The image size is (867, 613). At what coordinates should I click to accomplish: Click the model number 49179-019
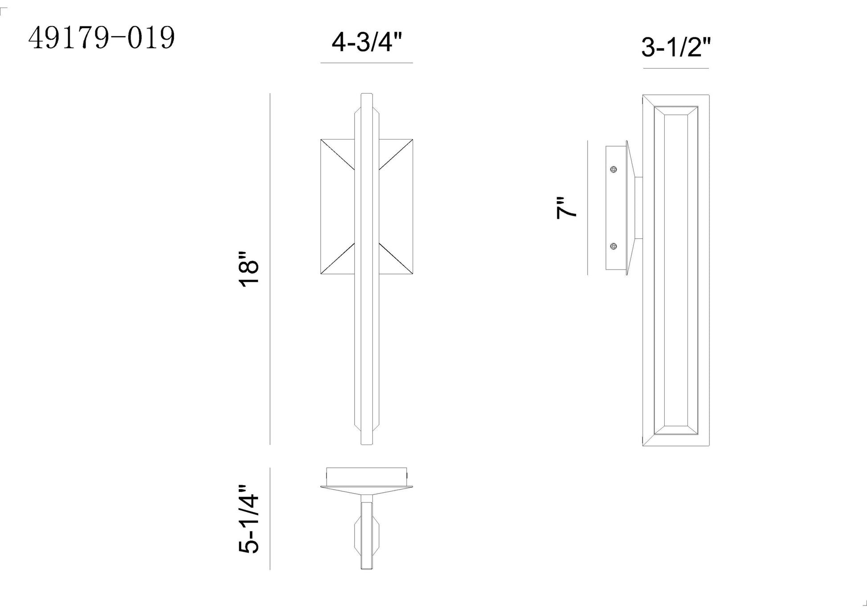pyautogui.click(x=102, y=38)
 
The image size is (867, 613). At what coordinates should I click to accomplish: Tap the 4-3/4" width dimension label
pyautogui.click(x=366, y=44)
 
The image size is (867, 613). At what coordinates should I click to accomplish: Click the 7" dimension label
pyautogui.click(x=566, y=208)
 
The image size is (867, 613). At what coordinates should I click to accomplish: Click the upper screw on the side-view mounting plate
pyautogui.click(x=613, y=169)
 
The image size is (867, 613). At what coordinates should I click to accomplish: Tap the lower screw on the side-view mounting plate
pyautogui.click(x=613, y=246)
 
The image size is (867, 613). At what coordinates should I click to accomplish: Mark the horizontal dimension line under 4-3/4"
pyautogui.click(x=366, y=63)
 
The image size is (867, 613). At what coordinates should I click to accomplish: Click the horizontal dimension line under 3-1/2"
pyautogui.click(x=676, y=68)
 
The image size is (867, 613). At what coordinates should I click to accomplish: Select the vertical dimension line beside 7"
pyautogui.click(x=588, y=208)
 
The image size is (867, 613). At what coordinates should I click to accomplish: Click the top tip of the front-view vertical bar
pyautogui.click(x=366, y=94)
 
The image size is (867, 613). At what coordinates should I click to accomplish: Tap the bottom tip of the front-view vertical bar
pyautogui.click(x=366, y=443)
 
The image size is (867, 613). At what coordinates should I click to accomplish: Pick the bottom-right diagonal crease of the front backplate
pyautogui.click(x=396, y=258)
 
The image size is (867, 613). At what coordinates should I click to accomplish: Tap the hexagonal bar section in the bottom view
pyautogui.click(x=366, y=534)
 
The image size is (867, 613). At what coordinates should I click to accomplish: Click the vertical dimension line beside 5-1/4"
pyautogui.click(x=270, y=519)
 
